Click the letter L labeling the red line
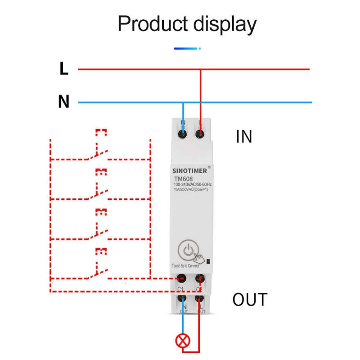point(64,69)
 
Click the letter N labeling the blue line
point(64,102)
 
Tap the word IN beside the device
point(244,137)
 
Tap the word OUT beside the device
point(250,300)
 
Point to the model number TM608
point(184,179)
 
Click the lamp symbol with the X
point(183,341)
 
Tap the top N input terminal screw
point(183,134)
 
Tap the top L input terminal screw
point(200,134)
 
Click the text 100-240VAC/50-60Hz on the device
point(193,184)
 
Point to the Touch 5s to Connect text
point(185,266)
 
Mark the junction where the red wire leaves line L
point(200,69)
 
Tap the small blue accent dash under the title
point(187,48)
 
